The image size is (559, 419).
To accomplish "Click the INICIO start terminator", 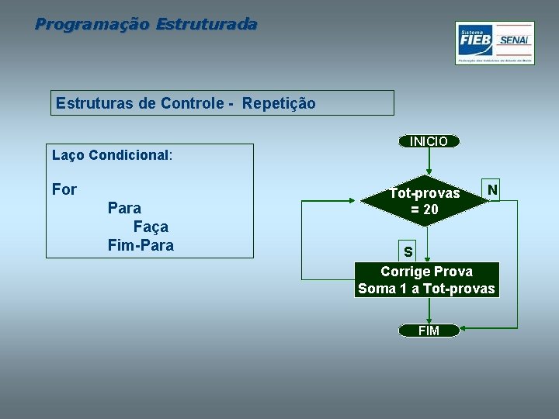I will point(429,141).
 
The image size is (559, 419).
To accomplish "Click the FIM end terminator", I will point(429,331).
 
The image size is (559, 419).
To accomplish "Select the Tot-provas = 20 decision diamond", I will point(425,201).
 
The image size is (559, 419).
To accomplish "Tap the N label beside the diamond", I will point(492,190).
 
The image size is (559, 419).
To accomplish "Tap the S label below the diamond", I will point(408,252).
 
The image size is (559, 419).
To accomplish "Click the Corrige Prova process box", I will point(425,272).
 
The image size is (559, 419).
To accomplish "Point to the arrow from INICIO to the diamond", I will point(429,161).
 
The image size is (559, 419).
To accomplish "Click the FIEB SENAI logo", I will point(495,43).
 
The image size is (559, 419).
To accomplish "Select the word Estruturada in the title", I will point(206,24).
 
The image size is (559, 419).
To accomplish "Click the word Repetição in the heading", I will point(279,103).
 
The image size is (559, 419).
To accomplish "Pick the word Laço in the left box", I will point(68,154).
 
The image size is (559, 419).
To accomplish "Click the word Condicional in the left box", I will point(128,154).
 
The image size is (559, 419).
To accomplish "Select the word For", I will point(64,189).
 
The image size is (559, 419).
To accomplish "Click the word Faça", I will point(151,227).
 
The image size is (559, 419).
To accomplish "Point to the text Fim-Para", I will point(141,245).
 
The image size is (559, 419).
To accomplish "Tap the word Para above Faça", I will point(124,208).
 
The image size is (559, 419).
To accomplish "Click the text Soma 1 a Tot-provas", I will point(426,289).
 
